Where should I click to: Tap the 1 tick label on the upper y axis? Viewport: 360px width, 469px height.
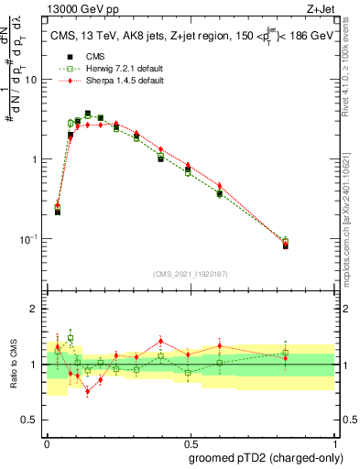[36, 159]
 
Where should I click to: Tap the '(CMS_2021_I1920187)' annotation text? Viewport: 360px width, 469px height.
[190, 273]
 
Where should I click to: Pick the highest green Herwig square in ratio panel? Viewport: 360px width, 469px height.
[71, 338]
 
